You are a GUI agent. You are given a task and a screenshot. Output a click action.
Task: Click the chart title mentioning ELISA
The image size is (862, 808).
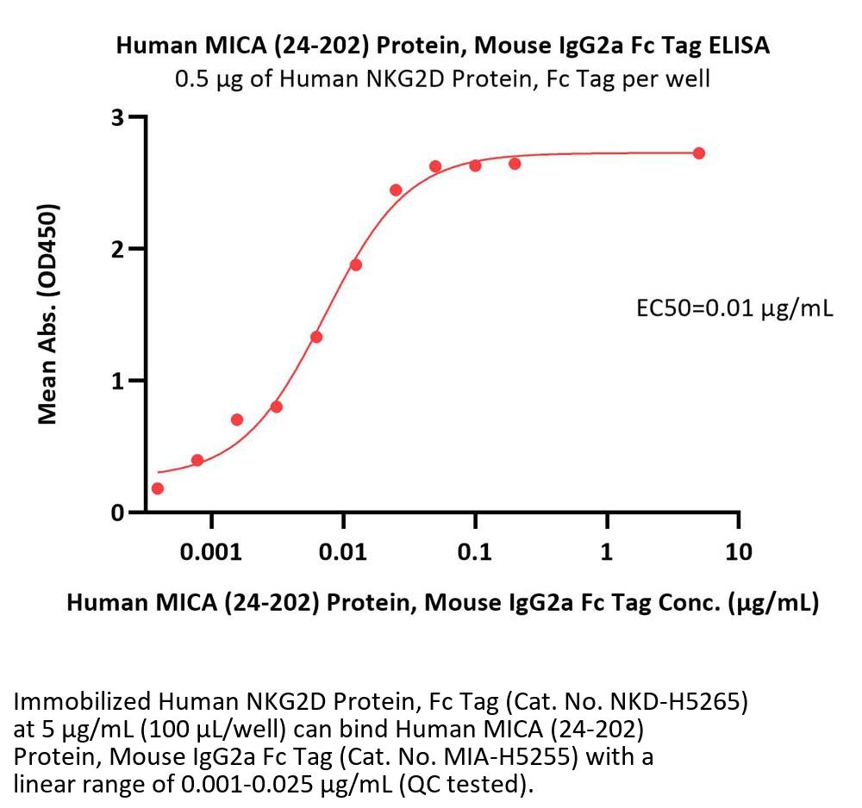tap(443, 47)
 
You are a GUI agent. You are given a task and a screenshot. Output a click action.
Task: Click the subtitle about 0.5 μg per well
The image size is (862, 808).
tap(443, 79)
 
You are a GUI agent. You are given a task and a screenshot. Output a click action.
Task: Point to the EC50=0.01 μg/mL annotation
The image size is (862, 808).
tap(734, 308)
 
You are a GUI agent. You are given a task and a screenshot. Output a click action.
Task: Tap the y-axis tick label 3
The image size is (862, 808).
tap(118, 117)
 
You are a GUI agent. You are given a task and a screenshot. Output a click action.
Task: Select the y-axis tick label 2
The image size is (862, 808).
tap(118, 249)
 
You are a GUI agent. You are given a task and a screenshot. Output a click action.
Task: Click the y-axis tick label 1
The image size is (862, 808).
tap(118, 381)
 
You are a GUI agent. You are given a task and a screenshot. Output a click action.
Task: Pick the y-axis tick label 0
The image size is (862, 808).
tap(118, 513)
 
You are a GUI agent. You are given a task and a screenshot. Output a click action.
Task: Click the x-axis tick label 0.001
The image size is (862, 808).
tap(211, 551)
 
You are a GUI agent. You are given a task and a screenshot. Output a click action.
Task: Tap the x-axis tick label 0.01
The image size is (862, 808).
tap(343, 551)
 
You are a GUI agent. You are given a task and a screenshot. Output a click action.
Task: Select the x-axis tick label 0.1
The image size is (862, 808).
tap(475, 551)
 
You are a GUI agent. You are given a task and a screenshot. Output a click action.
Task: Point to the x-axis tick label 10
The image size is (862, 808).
tap(739, 551)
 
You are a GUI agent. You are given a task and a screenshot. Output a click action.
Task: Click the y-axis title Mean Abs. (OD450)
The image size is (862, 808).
tap(49, 314)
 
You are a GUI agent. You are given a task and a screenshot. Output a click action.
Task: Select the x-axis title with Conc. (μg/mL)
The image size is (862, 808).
tap(443, 604)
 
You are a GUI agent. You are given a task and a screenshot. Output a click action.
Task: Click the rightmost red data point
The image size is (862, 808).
tap(699, 153)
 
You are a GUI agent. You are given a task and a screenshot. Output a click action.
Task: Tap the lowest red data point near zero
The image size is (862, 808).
tap(157, 488)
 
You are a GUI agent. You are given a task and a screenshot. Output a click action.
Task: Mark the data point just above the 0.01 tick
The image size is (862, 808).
tap(356, 264)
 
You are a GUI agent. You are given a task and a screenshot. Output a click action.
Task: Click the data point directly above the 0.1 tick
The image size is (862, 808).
tap(475, 165)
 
